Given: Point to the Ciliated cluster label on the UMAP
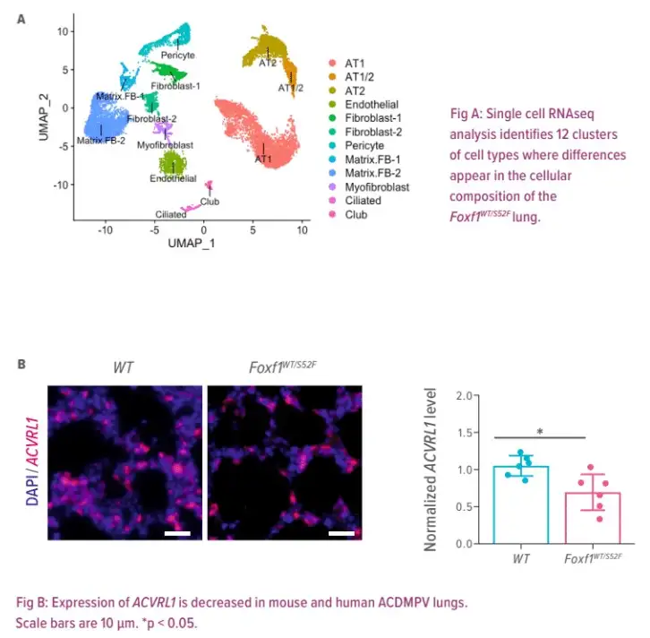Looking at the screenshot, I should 171,215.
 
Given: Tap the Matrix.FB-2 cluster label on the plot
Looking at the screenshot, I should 100,141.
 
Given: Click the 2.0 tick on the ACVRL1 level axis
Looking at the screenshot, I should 461,395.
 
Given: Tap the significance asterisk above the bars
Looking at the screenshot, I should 540,431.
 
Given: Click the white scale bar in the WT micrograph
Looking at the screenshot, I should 177,533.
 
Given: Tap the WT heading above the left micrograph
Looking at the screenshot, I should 124,367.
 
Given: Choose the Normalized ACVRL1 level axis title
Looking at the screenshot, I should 432,470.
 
